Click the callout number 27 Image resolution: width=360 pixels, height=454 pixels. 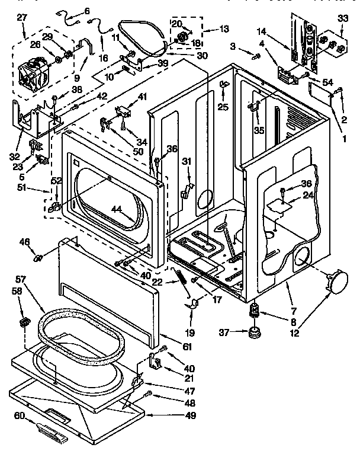point(22,18)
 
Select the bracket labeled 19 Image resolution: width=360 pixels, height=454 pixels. point(191,305)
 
